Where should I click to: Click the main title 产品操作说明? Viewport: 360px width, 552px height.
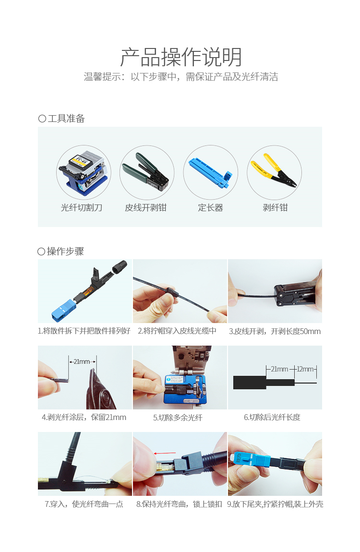tap(181, 57)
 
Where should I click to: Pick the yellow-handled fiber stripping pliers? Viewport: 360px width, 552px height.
tap(274, 170)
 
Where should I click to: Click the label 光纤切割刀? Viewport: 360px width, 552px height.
tap(82, 208)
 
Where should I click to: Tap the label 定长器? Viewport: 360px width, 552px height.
tap(210, 208)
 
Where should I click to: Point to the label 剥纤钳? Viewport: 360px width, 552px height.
tap(275, 208)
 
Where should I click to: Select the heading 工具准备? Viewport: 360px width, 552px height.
tap(66, 119)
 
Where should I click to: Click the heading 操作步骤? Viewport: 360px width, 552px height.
tap(65, 252)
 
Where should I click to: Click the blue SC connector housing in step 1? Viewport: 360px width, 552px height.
tap(64, 310)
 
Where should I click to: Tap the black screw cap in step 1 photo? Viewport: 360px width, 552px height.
tap(120, 266)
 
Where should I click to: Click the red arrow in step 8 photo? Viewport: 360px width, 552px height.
tap(165, 453)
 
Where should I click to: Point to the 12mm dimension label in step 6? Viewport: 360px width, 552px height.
tap(305, 369)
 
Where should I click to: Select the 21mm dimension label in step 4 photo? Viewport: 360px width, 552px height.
tap(82, 361)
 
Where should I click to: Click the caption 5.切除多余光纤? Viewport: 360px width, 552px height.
tap(178, 418)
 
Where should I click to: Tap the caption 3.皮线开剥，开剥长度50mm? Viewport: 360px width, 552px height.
tap(275, 331)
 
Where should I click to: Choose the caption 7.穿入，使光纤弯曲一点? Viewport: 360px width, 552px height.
tap(84, 504)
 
